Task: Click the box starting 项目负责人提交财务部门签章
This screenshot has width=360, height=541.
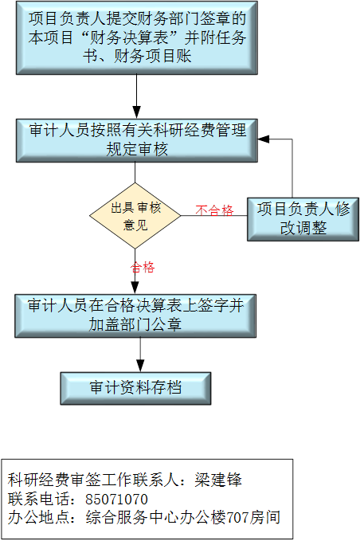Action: (x=137, y=37)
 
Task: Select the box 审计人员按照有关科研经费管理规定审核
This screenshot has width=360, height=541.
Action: (x=137, y=140)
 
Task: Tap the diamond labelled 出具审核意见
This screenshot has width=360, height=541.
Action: (x=135, y=216)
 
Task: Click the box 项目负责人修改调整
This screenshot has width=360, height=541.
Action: (x=303, y=219)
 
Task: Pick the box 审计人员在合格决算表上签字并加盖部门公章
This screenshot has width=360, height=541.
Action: (x=135, y=316)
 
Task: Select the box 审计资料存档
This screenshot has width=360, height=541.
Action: (x=135, y=388)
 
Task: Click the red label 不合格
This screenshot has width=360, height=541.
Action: (x=214, y=210)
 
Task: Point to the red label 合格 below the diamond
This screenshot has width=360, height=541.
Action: (x=143, y=267)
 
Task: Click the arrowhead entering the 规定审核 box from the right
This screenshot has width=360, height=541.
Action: (x=264, y=139)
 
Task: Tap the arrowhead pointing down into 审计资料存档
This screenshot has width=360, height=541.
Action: (x=140, y=366)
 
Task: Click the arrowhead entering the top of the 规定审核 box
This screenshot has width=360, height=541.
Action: (x=136, y=113)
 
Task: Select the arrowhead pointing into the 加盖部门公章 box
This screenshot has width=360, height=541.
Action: (x=135, y=288)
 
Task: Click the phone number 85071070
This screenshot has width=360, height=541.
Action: (x=116, y=500)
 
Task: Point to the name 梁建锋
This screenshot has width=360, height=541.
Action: (x=218, y=480)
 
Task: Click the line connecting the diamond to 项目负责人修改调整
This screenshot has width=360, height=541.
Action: (x=213, y=216)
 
